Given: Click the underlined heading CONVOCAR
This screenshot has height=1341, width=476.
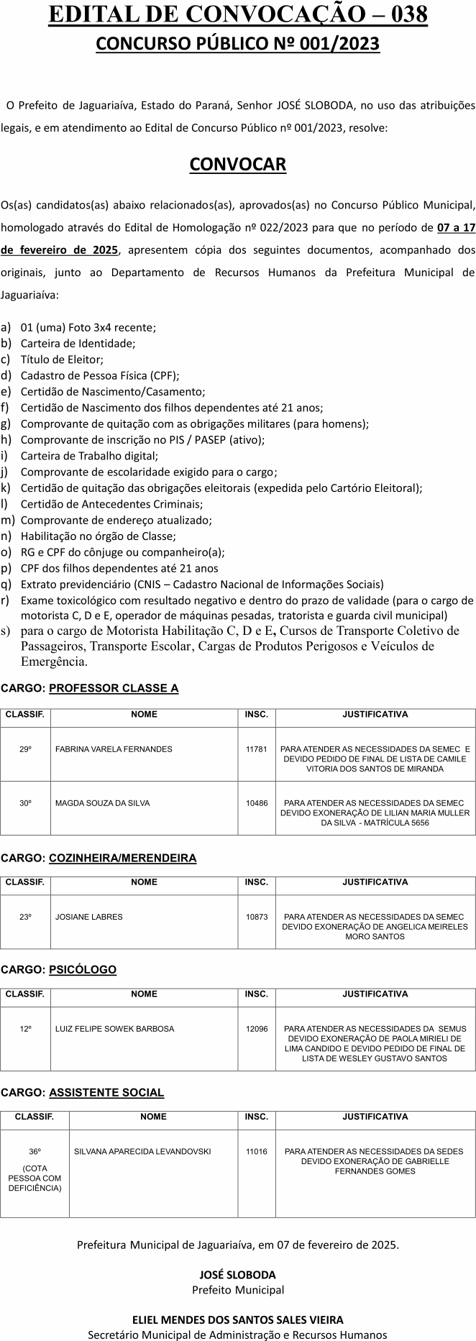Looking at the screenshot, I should (x=237, y=165).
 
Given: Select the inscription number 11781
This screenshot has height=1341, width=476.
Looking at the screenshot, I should (x=256, y=749).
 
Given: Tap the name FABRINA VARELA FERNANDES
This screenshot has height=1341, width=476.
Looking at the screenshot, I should (x=114, y=749).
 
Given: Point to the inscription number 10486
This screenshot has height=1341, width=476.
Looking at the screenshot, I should (x=256, y=803).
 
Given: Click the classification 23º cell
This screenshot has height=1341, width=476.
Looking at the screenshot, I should (x=26, y=917).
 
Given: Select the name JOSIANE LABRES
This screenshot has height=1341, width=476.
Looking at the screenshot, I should (x=89, y=917).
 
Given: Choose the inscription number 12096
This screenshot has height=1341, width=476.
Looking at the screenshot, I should (x=256, y=1029).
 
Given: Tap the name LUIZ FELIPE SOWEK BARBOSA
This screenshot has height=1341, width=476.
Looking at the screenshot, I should (x=114, y=1029).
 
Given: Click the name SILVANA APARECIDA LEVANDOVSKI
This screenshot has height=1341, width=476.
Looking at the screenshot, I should (x=142, y=1151).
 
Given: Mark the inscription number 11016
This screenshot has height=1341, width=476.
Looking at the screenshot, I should (x=256, y=1151).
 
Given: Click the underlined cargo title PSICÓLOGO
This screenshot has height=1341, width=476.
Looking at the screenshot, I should (x=83, y=970).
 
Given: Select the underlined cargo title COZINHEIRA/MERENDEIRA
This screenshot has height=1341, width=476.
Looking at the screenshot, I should (x=122, y=858).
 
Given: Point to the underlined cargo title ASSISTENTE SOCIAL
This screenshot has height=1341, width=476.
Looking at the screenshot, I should (x=106, y=1092).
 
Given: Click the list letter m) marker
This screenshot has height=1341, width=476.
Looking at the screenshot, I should (x=8, y=520).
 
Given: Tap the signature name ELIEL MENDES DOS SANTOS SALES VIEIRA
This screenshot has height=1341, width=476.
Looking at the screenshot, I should (x=237, y=1319).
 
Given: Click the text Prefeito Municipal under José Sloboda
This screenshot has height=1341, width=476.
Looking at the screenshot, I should (x=237, y=1289).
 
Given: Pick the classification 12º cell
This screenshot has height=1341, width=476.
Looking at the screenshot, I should (x=26, y=1029).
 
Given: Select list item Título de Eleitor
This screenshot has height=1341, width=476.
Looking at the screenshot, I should (x=62, y=359).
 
